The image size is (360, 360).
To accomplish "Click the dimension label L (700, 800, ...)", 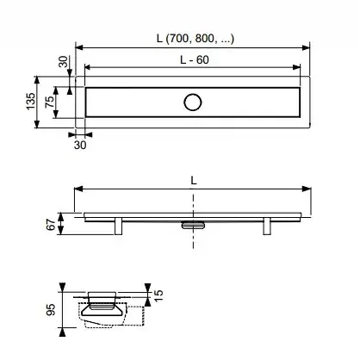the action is (x=196, y=38).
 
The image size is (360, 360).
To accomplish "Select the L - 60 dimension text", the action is (x=195, y=59).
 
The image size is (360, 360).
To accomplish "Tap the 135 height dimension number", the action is (x=31, y=101).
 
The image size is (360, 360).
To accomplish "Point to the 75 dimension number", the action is (x=49, y=102).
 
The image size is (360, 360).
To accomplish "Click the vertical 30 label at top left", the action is (x=64, y=62).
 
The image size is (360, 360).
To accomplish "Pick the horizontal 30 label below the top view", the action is (x=80, y=145).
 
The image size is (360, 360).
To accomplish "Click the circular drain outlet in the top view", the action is (x=193, y=102).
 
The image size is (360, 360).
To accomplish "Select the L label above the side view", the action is (x=194, y=181).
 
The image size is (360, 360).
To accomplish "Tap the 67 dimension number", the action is (x=51, y=225).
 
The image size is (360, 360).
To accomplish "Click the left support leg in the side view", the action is (x=118, y=227).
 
